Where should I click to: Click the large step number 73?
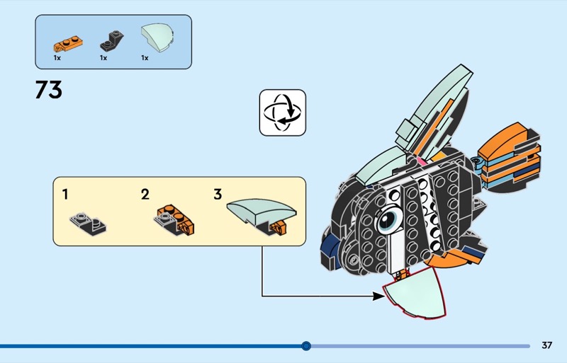(x=48, y=90)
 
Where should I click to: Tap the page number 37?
(x=546, y=345)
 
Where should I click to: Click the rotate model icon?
(x=282, y=113)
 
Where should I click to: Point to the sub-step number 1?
(x=65, y=193)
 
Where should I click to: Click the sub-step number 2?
(x=145, y=194)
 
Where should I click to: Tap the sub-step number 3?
(x=218, y=194)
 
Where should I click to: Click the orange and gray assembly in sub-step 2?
(x=172, y=220)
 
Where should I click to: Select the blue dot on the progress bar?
(x=306, y=346)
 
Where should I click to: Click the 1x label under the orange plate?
(x=57, y=58)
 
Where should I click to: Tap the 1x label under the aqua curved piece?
(x=145, y=58)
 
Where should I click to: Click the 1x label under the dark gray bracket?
(x=103, y=58)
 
